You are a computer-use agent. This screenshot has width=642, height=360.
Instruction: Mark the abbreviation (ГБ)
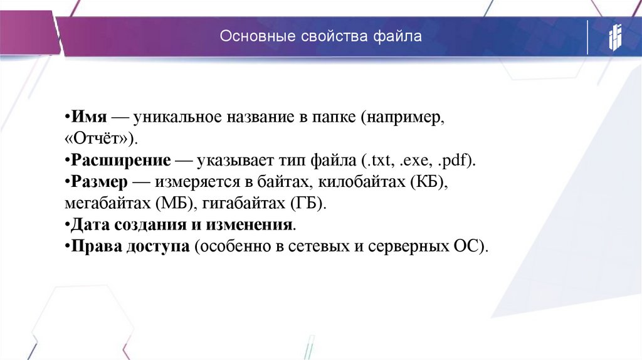click(x=308, y=204)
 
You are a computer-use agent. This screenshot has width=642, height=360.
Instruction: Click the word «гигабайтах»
click(x=242, y=204)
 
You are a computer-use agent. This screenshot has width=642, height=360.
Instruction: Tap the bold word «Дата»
click(x=90, y=225)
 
